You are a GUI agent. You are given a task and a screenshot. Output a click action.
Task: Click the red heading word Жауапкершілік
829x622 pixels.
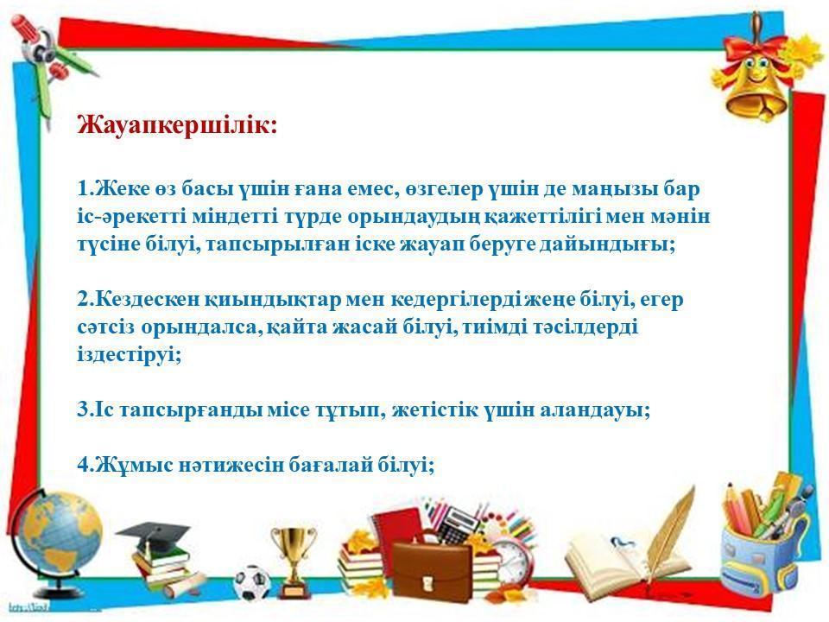click(177, 125)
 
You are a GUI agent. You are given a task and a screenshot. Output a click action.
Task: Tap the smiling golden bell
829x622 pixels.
click(756, 87)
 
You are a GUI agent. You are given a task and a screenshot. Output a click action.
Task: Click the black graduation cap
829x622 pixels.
click(154, 533)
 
